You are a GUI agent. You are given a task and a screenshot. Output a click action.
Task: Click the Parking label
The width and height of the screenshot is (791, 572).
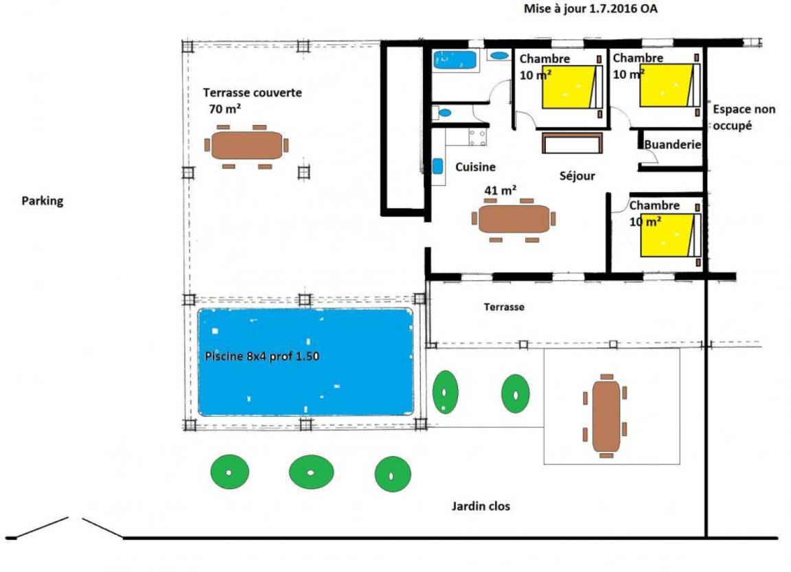coord(43,201)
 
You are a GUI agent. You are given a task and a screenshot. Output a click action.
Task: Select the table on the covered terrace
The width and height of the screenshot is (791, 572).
coord(247,146)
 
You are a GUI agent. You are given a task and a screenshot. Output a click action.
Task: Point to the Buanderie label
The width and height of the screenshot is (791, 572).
coord(672,145)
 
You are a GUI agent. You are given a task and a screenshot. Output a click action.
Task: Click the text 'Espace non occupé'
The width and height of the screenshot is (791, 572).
coord(744,117)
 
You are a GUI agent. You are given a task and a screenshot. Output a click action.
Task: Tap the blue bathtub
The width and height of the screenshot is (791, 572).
coord(455,60)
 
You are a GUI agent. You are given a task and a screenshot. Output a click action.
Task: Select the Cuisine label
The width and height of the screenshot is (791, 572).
coord(475,167)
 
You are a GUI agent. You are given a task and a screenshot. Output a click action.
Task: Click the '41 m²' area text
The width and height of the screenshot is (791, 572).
coord(501,190)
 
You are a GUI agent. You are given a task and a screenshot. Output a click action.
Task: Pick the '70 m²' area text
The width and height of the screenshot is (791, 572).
coord(225,108)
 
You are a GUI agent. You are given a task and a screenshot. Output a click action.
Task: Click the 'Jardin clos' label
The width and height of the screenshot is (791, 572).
coord(481,507)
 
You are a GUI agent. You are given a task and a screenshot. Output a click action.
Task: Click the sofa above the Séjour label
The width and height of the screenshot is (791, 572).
coord(573,144)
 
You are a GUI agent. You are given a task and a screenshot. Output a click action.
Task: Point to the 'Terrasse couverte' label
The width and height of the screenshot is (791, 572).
coord(252,92)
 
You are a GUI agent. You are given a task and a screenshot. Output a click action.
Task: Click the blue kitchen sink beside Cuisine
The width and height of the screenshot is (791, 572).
coord(437,166)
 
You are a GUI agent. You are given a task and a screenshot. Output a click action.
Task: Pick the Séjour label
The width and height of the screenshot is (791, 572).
coord(577,176)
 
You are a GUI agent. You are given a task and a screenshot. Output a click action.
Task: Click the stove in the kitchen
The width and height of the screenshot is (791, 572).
coord(477,137)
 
